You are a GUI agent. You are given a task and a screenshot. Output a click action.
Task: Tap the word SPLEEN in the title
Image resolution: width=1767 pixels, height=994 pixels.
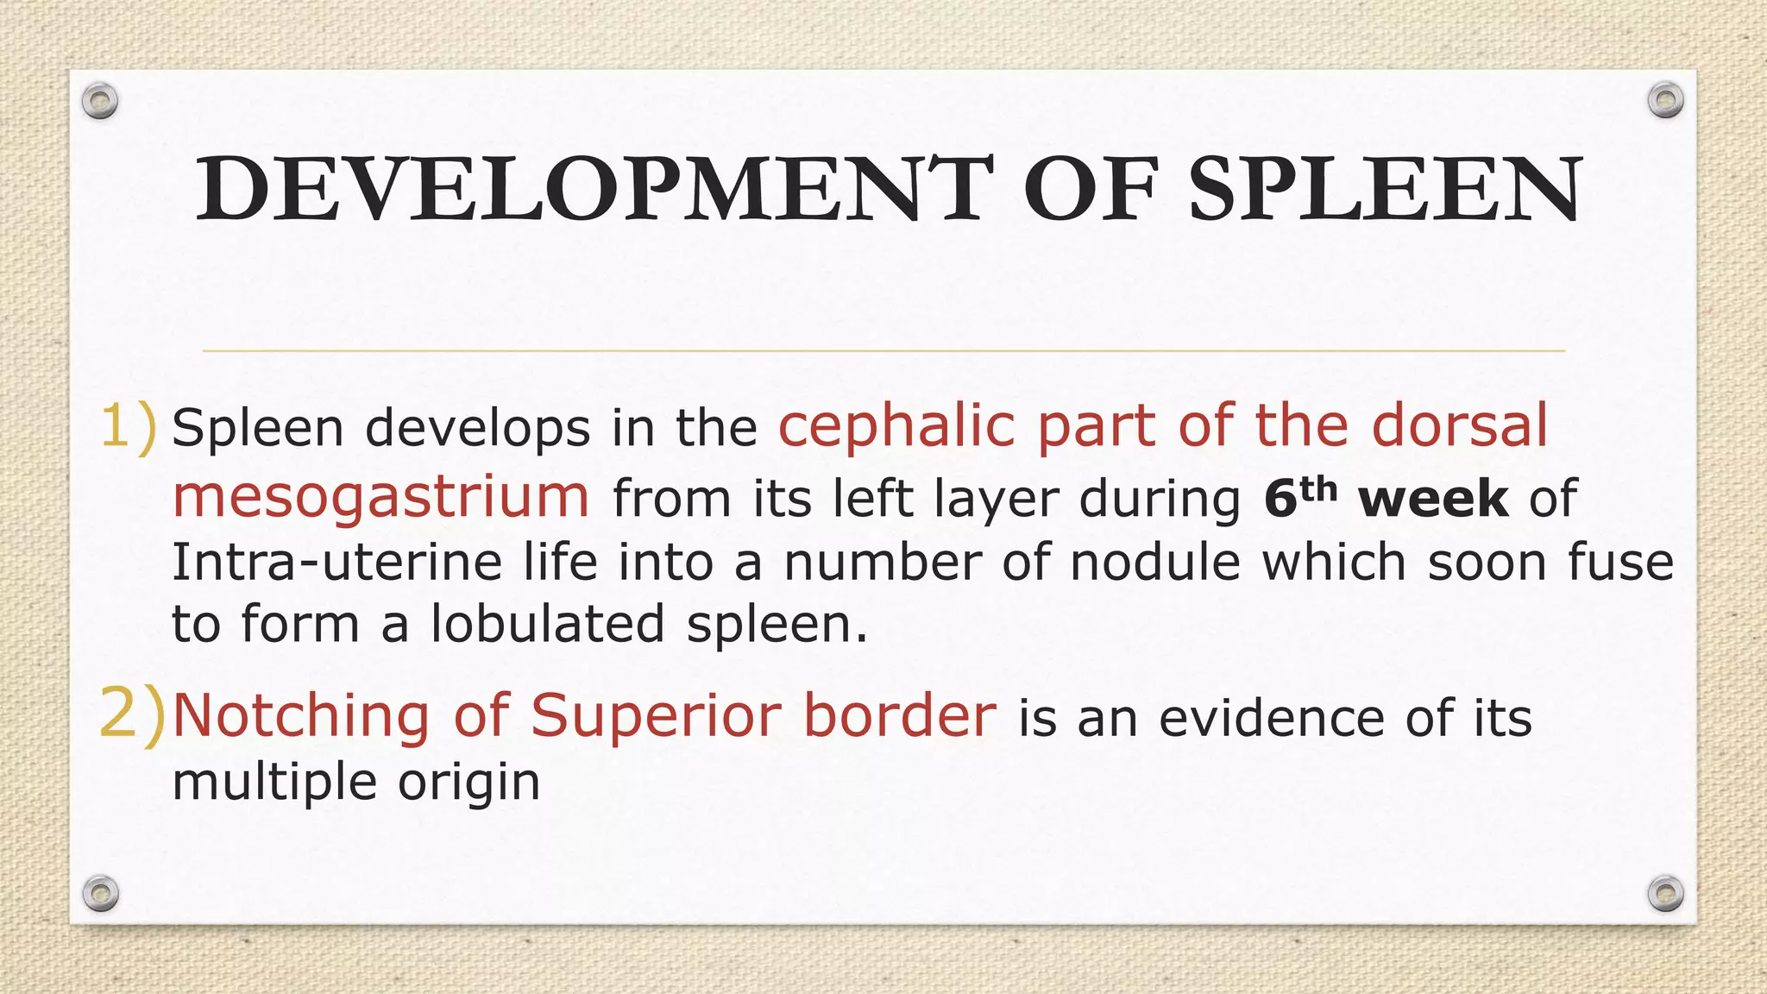pyautogui.click(x=1385, y=188)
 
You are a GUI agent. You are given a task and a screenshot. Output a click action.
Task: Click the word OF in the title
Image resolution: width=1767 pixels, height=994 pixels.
pyautogui.click(x=1090, y=188)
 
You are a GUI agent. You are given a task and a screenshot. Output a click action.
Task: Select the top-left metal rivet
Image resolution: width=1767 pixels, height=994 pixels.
pyautogui.click(x=100, y=102)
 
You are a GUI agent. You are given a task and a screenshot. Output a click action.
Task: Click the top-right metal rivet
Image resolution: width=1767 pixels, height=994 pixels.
pyautogui.click(x=1665, y=101)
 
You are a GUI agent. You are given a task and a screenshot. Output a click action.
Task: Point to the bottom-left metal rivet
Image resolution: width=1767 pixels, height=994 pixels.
pyautogui.click(x=100, y=893)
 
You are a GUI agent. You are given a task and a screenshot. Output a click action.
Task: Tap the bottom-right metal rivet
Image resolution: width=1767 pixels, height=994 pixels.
pyautogui.click(x=1665, y=893)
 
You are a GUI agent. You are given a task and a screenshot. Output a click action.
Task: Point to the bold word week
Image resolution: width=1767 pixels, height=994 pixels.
pyautogui.click(x=1433, y=500)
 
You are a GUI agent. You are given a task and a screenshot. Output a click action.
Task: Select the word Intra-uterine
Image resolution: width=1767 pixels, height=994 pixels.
pyautogui.click(x=336, y=563)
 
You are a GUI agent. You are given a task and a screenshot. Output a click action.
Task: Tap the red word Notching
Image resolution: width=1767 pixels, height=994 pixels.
pyautogui.click(x=300, y=716)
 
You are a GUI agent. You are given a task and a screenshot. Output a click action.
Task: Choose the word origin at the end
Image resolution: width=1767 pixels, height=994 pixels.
pyautogui.click(x=468, y=783)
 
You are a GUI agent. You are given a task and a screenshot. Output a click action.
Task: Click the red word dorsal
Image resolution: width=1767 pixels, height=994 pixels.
pyautogui.click(x=1460, y=426)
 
